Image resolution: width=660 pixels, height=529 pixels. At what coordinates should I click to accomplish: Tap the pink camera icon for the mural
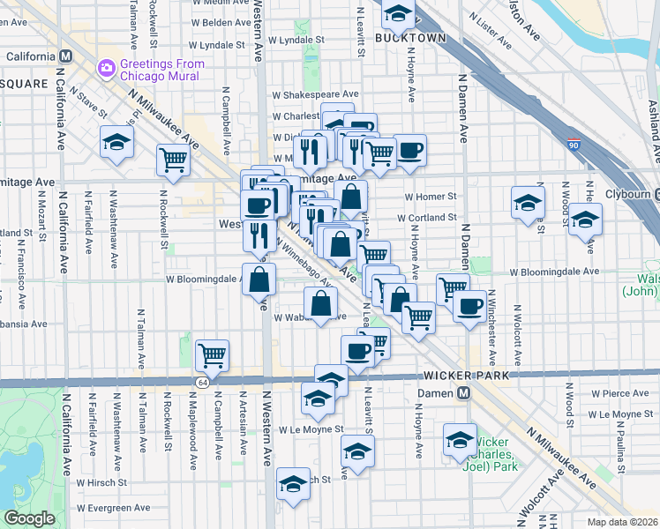(107, 67)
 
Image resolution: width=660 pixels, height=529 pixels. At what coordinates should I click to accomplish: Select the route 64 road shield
(202, 381)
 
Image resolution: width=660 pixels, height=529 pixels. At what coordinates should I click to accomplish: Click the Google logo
(29, 518)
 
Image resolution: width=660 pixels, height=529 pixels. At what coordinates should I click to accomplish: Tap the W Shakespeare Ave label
(315, 94)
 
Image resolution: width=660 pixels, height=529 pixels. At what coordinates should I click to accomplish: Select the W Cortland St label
(427, 217)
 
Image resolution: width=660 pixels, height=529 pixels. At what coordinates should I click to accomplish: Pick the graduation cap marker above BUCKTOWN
(398, 13)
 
